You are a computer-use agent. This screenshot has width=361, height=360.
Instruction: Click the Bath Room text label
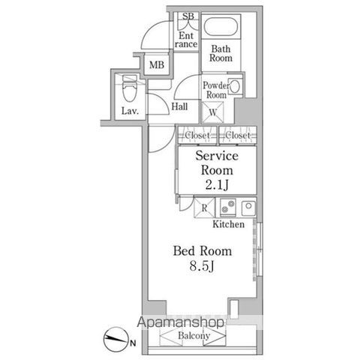220,52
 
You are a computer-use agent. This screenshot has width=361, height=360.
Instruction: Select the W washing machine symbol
213,112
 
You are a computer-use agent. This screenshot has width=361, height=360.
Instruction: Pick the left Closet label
197,136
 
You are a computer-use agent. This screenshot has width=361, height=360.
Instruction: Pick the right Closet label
238,136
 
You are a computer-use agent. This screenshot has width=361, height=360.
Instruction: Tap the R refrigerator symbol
204,207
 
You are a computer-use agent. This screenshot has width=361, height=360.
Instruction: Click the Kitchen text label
228,224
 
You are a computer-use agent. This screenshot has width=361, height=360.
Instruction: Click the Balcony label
194,336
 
